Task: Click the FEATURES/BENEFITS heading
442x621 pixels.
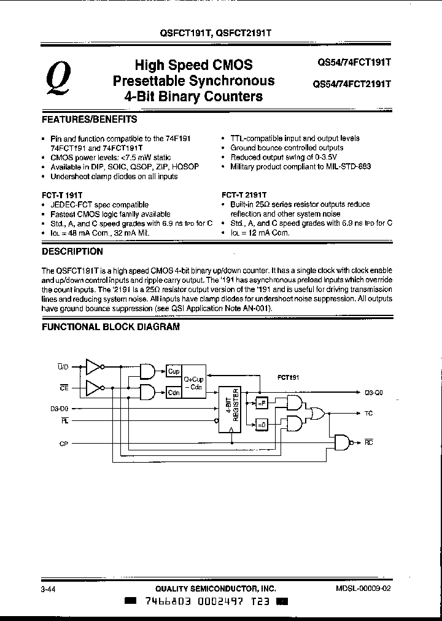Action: [89, 119]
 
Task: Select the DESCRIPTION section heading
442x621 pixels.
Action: [72, 251]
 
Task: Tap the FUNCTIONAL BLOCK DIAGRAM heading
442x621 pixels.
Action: [110, 327]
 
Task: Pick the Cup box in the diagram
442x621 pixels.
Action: [174, 372]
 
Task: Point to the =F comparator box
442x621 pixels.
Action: [261, 402]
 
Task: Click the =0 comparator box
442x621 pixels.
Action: [261, 423]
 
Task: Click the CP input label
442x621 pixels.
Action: [63, 443]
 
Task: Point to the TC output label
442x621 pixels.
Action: [368, 414]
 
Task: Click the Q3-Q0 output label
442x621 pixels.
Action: [373, 391]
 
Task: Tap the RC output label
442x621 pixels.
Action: [368, 441]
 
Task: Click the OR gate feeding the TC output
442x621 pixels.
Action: [319, 414]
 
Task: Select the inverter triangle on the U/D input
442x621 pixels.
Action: [93, 367]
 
